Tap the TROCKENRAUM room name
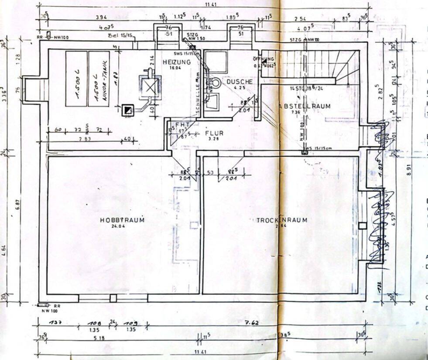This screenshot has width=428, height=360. click(x=281, y=220)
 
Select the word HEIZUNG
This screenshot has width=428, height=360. click(x=177, y=62)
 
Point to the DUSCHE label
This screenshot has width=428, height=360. click(x=240, y=82)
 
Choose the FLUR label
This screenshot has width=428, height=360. click(x=214, y=133)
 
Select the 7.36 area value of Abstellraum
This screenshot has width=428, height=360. click(x=296, y=112)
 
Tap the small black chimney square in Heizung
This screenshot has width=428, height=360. click(x=127, y=110)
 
